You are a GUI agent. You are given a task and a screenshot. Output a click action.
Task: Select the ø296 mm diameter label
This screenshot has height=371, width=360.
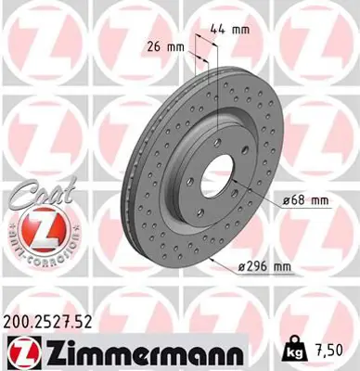(x=264, y=268)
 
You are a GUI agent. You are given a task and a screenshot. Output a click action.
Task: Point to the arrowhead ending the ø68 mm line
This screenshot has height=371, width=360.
(x=243, y=190)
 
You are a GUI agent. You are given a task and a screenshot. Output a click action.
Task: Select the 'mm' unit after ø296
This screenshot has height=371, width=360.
(x=281, y=268)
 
